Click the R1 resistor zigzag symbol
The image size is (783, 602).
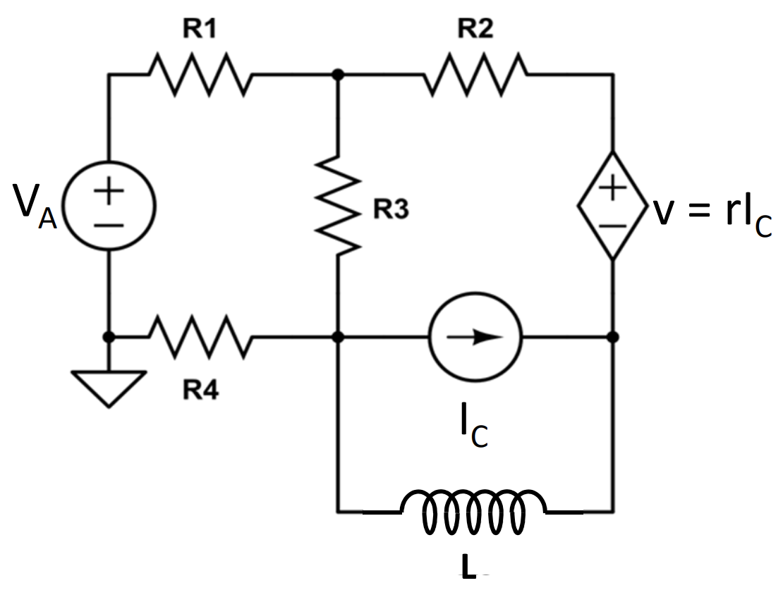tap(200, 74)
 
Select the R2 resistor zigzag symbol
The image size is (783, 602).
tap(475, 74)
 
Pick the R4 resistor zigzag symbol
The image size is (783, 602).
tap(200, 337)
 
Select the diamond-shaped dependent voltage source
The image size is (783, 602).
tap(612, 206)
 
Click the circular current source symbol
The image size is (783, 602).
tap(475, 337)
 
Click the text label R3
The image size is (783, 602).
tap(391, 210)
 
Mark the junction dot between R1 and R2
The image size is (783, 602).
tap(339, 74)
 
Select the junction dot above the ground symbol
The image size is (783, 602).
tap(109, 337)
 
